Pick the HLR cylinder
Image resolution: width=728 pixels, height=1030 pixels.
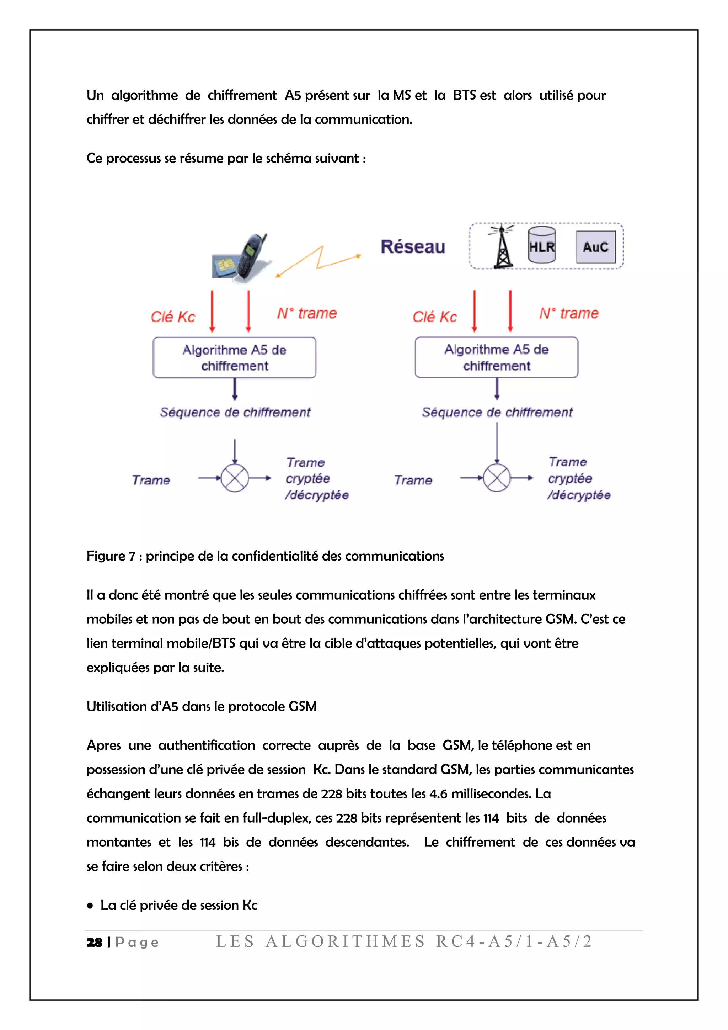coord(541,245)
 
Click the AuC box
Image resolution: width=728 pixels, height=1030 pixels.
coord(595,247)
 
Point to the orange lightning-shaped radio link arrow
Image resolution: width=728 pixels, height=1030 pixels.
coord(318,261)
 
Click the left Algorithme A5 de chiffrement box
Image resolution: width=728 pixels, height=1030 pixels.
coord(235,357)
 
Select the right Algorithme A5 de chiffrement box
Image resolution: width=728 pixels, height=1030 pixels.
coord(496,357)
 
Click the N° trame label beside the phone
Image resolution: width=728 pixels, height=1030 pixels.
coord(307,313)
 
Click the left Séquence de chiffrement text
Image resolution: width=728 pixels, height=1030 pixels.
coord(235,412)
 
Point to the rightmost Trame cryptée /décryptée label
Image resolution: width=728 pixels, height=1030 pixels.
coord(578,478)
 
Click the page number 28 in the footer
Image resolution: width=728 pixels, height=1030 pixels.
coord(94,942)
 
